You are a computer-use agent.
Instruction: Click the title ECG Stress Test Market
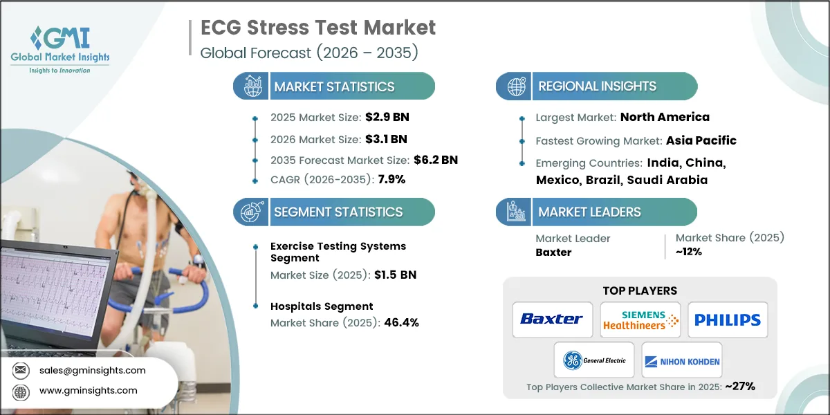click(x=318, y=28)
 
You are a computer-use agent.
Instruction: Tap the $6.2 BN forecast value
click(x=434, y=159)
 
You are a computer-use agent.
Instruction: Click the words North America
click(x=665, y=117)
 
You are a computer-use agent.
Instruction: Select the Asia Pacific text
click(x=701, y=140)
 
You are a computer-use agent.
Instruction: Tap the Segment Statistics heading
click(x=338, y=212)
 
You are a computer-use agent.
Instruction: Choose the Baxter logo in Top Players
click(x=552, y=320)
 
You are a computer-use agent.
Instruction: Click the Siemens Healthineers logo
click(x=640, y=320)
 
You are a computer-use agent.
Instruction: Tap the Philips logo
click(x=727, y=320)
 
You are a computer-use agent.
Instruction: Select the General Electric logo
click(x=594, y=360)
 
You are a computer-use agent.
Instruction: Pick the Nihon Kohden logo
click(x=682, y=360)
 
